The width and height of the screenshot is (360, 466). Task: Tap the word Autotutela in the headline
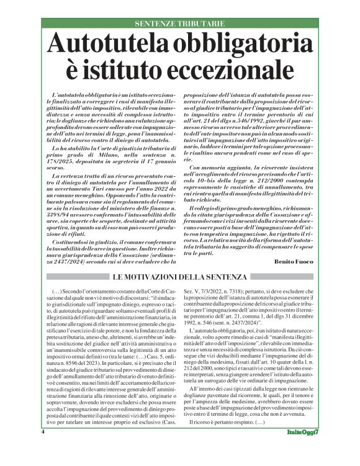tap(112, 45)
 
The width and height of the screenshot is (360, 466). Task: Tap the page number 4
tap(43, 449)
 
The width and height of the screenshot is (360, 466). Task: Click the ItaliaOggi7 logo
tap(304, 449)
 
